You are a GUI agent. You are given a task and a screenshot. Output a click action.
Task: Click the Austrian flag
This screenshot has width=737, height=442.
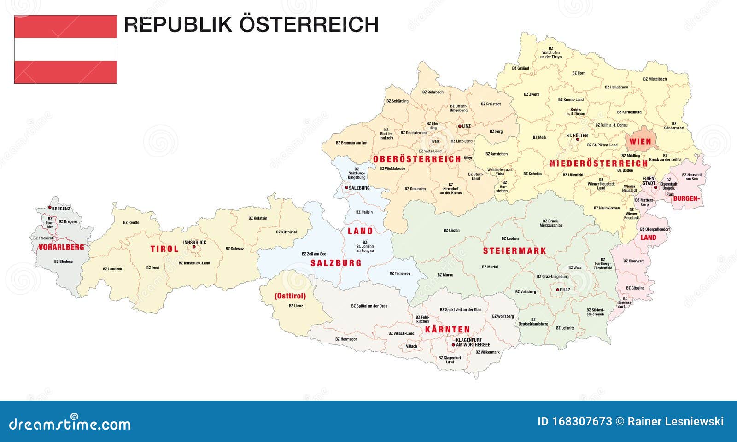pyautogui.click(x=65, y=49)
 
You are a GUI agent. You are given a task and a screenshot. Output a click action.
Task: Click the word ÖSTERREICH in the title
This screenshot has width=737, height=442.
pyautogui.click(x=309, y=25)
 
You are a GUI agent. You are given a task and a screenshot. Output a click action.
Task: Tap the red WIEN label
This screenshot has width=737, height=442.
pyautogui.click(x=640, y=141)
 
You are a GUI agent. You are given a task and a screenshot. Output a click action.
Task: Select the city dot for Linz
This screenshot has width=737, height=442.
pyautogui.click(x=459, y=126)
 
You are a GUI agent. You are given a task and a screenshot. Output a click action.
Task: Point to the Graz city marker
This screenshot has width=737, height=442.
pyautogui.click(x=557, y=290)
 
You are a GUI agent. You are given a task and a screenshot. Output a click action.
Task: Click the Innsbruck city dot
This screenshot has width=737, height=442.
pyautogui.click(x=194, y=247)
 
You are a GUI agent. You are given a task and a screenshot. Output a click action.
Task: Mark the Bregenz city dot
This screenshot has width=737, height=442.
pyautogui.click(x=50, y=209)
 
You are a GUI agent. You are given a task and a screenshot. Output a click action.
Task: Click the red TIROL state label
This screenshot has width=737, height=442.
pyautogui.click(x=164, y=249)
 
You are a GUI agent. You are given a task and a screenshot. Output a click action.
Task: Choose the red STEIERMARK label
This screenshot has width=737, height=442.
pyautogui.click(x=515, y=251)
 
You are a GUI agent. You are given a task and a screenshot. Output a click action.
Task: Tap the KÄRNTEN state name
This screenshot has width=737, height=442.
pyautogui.click(x=447, y=330)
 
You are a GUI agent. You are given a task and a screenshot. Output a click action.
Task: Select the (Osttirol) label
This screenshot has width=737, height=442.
pyautogui.click(x=290, y=296)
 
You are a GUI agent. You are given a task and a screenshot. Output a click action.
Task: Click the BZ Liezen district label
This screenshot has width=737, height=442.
pyautogui.click(x=451, y=230)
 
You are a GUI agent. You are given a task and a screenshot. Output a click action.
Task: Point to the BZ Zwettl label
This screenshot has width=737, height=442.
pyautogui.click(x=531, y=94)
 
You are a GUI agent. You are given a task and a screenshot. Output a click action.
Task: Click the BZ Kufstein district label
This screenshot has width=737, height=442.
pyautogui.click(x=257, y=218)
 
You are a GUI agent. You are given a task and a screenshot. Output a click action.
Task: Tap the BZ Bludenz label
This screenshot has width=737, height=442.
pyautogui.click(x=63, y=262)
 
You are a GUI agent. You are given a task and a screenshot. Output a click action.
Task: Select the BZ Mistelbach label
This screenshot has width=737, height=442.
pyautogui.click(x=655, y=79)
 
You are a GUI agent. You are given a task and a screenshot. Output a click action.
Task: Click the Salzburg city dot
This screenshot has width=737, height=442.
pyautogui.click(x=346, y=188)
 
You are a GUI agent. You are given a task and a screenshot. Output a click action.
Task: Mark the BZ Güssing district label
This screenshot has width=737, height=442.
pyautogui.click(x=635, y=288)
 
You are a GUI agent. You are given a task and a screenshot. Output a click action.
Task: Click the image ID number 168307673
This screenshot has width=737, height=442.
pyautogui.click(x=583, y=421)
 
